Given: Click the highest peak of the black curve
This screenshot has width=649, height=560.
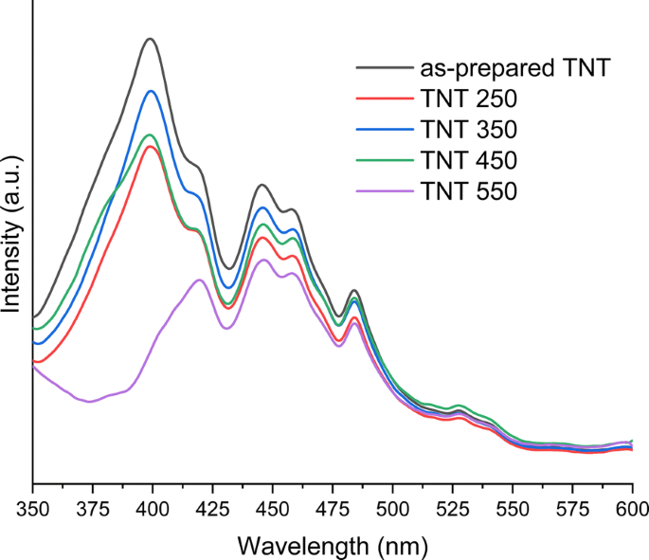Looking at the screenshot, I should point(150,39).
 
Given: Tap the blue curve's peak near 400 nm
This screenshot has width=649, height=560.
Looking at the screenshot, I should point(151,91).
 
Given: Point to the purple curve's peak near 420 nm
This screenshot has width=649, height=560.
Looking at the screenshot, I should point(199,280).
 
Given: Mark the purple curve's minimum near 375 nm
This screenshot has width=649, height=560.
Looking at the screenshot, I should point(90,402).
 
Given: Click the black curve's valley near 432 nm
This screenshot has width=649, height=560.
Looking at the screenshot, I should point(228,268).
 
